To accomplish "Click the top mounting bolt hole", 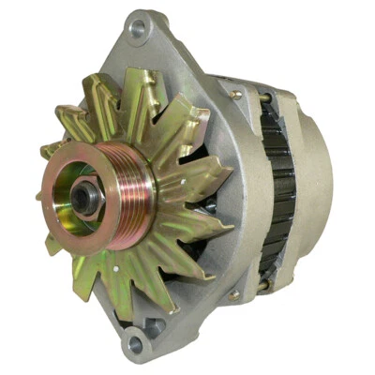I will click(x=139, y=29).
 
